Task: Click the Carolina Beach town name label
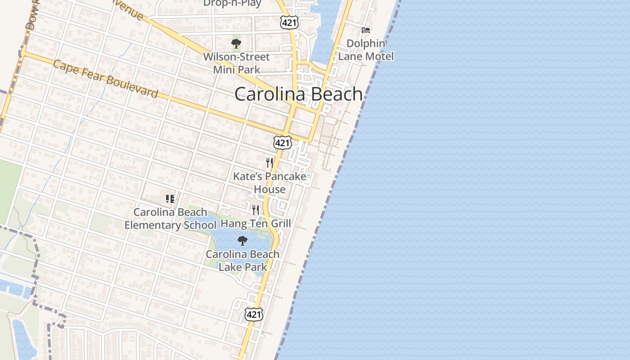298,94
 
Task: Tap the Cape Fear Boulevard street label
106,79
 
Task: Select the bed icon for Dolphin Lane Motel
366,30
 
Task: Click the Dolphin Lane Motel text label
366,50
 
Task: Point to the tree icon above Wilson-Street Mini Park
236,44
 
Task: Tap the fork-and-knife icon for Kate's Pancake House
270,162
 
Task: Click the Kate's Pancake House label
270,183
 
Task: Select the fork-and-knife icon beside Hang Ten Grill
256,210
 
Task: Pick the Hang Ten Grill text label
256,223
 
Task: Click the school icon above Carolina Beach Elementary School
170,198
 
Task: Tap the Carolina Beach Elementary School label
170,218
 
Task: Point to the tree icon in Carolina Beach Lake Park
243,241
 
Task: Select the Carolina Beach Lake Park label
243,261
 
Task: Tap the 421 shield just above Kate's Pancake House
282,143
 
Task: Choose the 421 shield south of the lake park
254,314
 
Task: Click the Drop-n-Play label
232,3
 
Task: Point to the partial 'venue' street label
131,11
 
